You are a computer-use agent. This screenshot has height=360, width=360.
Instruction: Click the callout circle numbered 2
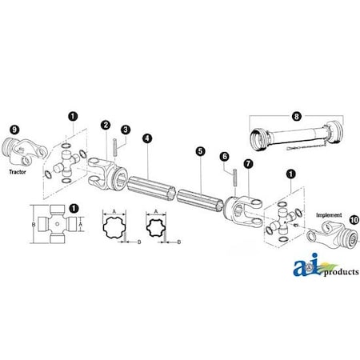106,124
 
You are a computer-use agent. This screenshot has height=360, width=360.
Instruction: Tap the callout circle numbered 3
126,130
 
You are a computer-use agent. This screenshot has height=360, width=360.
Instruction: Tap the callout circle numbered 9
14,129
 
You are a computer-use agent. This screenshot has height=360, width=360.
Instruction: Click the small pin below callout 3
118,147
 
